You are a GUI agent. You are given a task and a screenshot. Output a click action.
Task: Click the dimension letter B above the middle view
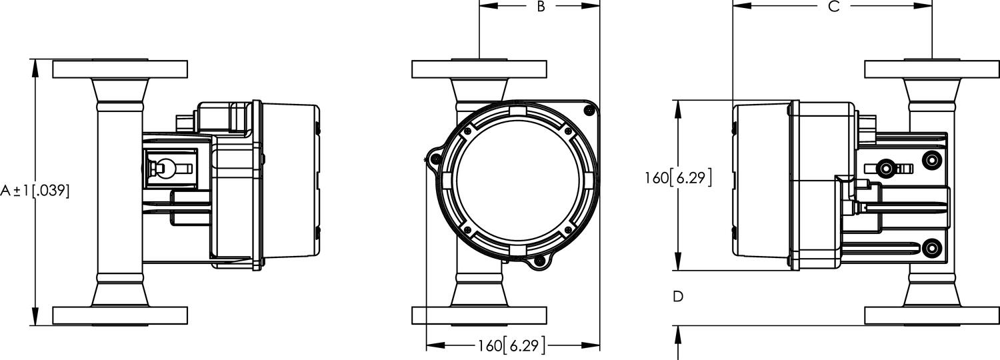pos(541,7)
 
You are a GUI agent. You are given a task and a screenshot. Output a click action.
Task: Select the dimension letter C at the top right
pos(833,7)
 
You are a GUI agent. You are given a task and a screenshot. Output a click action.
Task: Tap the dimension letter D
pos(678,296)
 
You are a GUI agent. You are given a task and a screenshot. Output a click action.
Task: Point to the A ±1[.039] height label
pos(35,191)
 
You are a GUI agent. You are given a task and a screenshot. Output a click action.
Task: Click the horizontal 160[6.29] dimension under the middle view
pos(511,345)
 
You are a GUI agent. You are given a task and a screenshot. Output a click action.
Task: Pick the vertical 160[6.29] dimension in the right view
pos(678,178)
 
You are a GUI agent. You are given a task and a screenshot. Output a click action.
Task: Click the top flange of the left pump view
pos(119,69)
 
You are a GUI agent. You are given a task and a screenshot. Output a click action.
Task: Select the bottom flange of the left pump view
pos(119,315)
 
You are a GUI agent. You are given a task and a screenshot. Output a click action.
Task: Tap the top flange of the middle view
pos(479,69)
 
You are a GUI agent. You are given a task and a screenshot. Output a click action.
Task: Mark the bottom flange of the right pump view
pos(931,315)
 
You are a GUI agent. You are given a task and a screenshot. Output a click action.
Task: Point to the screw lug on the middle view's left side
pos(433,158)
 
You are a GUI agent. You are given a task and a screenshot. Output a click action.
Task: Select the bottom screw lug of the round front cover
pos(539,265)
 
